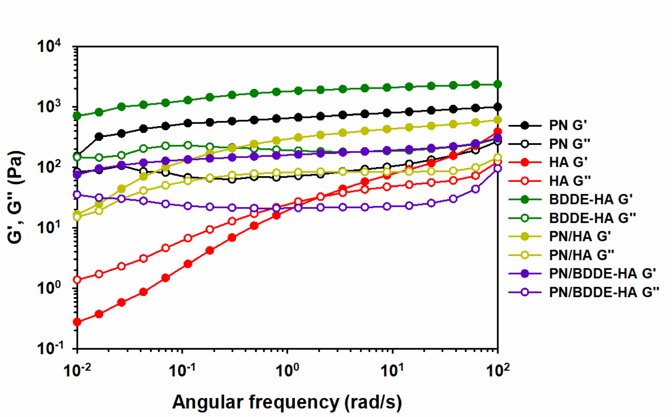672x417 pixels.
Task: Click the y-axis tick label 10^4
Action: click(49, 46)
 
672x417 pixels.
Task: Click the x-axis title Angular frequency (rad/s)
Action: click(287, 402)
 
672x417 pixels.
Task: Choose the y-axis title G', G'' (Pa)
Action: click(16, 197)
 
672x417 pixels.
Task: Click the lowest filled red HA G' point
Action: click(77, 322)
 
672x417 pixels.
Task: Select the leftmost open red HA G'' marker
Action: click(77, 280)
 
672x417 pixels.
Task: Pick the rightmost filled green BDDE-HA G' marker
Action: click(498, 84)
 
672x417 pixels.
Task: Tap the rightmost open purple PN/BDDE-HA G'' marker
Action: click(498, 168)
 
